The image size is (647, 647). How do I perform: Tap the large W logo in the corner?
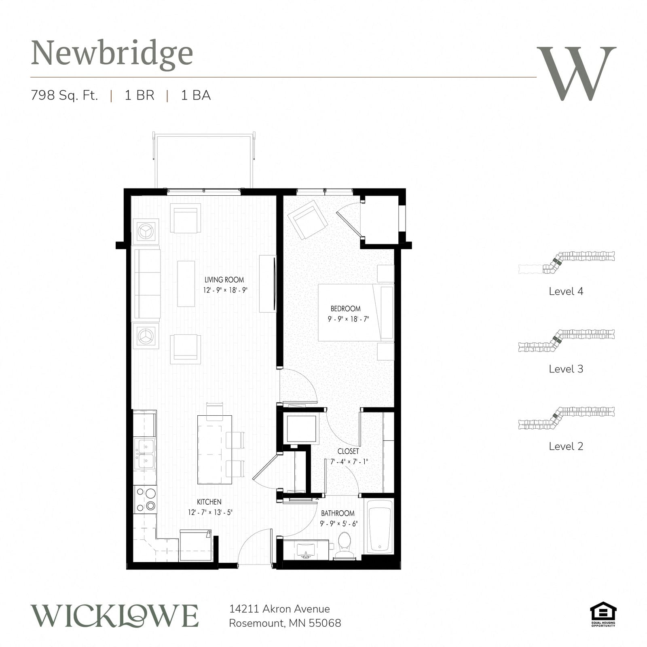tap(576, 73)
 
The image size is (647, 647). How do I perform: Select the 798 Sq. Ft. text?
tap(65, 95)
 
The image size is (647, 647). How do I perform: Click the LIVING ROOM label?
tap(224, 280)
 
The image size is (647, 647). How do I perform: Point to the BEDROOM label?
tap(345, 309)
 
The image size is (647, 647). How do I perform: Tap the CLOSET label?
tap(348, 451)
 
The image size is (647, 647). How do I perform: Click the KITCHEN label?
tap(209, 502)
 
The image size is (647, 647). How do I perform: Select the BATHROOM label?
tap(338, 513)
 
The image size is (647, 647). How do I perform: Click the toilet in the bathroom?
tap(345, 546)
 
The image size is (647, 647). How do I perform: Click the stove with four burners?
tap(145, 499)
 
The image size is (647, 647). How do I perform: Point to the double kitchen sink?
tap(145, 454)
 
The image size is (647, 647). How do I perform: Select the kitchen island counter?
tap(214, 450)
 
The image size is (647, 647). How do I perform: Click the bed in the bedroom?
tap(356, 313)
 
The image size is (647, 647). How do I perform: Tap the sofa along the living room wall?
tap(146, 284)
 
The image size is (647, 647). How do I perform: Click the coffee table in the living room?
tap(186, 283)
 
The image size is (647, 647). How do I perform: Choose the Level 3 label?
tap(566, 369)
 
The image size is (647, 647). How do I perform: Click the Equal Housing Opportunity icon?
tap(603, 614)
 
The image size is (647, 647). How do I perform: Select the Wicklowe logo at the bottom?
tap(115, 616)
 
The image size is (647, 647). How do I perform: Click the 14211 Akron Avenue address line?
tap(279, 609)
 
